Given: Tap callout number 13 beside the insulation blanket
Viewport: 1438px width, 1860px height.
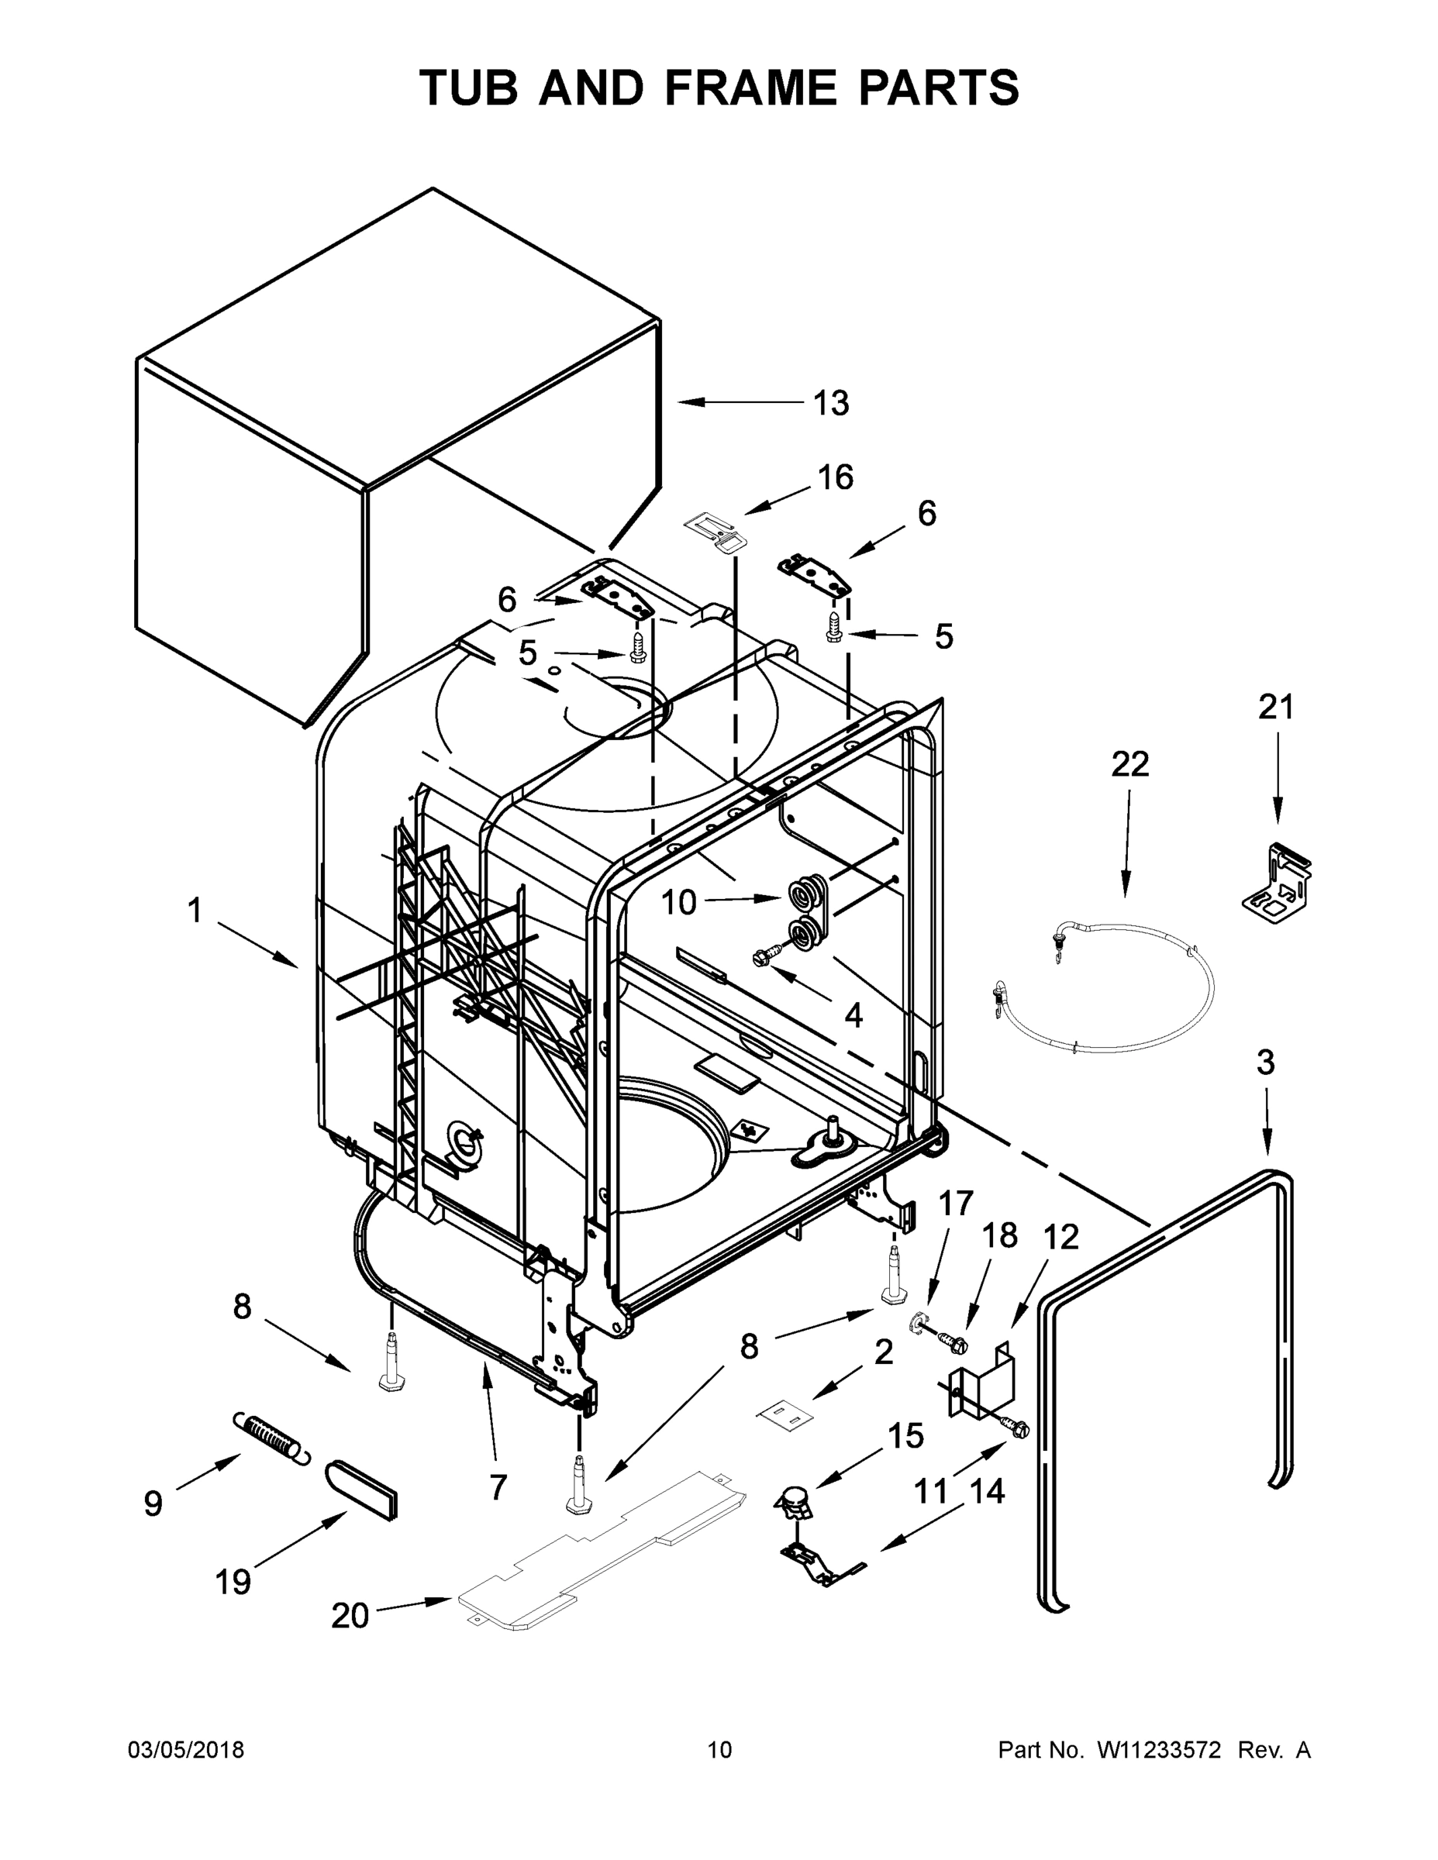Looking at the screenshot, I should point(830,403).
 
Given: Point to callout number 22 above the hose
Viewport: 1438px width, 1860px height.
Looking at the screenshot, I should point(1129,764).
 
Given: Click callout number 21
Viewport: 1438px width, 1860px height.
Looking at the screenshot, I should point(1275,706).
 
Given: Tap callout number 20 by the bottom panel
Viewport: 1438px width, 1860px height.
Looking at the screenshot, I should point(350,1616).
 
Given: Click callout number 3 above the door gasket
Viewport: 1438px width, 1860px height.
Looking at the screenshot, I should point(1265,1062).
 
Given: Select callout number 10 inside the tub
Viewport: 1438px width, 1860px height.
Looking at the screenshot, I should point(678,903).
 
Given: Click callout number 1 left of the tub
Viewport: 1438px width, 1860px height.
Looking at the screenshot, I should point(195,911).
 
